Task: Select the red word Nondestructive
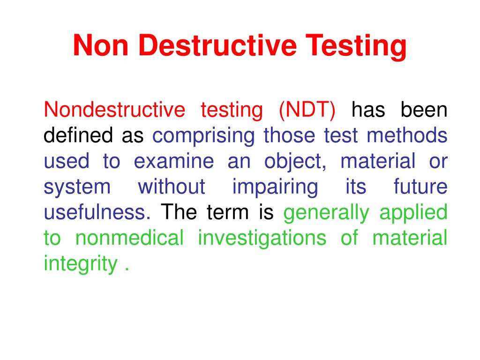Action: [114, 110]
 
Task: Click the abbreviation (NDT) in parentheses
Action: [307, 110]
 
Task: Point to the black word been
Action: [424, 110]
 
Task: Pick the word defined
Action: [79, 135]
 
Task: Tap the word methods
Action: [407, 135]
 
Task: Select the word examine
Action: [173, 161]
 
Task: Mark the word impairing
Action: [275, 187]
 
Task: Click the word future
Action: [420, 187]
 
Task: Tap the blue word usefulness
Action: [97, 212]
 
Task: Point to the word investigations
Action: [262, 239]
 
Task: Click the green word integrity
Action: [80, 264]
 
